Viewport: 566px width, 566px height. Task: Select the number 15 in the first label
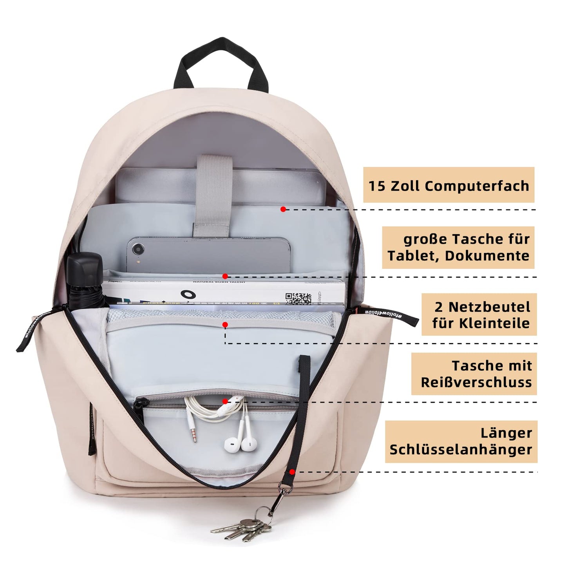(x=377, y=186)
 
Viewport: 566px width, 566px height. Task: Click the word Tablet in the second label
(x=408, y=256)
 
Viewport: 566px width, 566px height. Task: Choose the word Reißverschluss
(x=476, y=382)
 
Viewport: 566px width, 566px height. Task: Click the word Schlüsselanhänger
(x=461, y=450)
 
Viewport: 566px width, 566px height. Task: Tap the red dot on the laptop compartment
(x=283, y=210)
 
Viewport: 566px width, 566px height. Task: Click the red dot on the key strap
(x=292, y=472)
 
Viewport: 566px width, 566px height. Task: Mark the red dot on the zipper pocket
(x=225, y=401)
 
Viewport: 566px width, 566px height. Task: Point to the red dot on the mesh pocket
(x=225, y=325)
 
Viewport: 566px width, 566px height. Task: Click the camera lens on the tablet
(x=138, y=249)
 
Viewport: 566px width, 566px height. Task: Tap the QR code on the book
(x=298, y=298)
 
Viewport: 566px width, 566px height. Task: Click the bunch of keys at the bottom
(x=243, y=529)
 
